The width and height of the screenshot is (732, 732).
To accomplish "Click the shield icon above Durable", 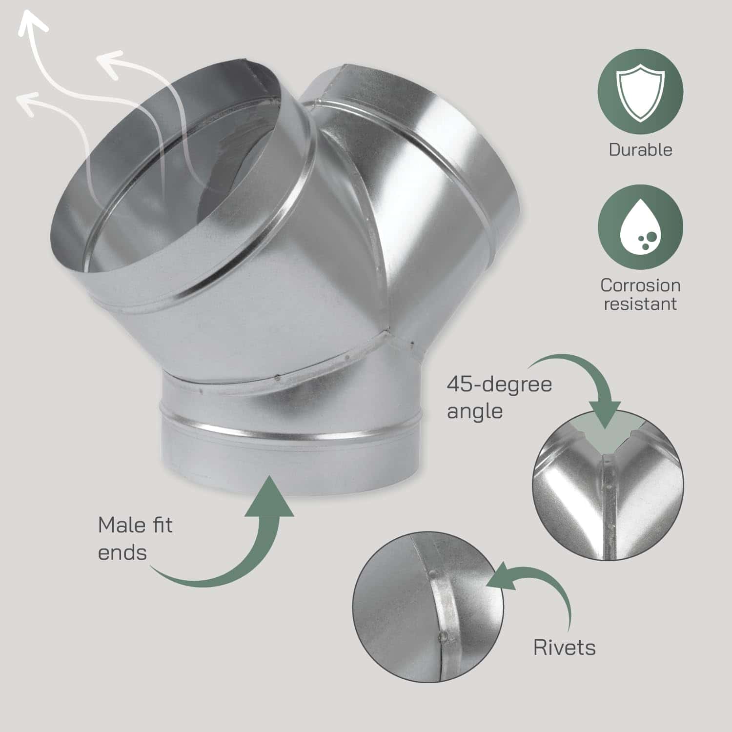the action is coord(640,93).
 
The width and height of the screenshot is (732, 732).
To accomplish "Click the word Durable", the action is coord(640,149).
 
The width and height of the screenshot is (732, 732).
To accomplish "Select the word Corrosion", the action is coord(640,285).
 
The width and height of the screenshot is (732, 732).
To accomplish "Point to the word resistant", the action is coord(640,304).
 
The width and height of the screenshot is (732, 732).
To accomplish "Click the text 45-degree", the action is coord(499,384).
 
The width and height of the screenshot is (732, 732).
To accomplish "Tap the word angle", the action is coord(475,411).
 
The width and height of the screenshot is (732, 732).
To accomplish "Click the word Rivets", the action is coord(564,648).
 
